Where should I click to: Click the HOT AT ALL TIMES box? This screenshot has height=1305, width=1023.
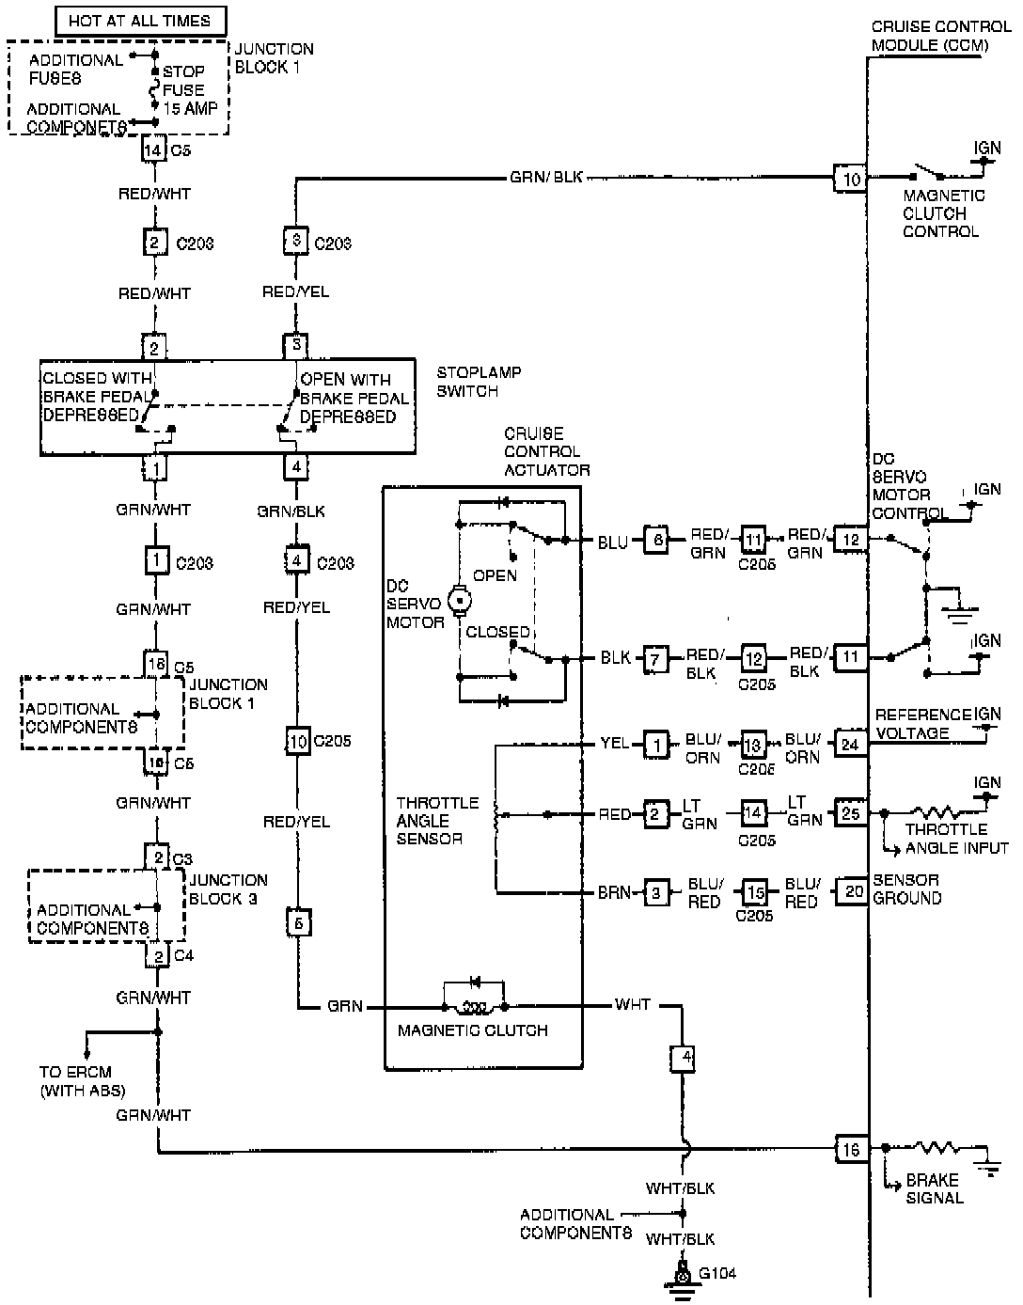[138, 20]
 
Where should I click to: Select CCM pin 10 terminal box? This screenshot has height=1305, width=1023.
[850, 179]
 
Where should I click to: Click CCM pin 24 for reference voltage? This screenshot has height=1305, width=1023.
[850, 744]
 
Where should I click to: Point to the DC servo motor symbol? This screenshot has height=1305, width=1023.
[460, 598]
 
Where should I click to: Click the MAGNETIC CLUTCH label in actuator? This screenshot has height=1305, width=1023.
[472, 1030]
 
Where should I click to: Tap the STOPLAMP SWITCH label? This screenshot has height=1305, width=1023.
[479, 382]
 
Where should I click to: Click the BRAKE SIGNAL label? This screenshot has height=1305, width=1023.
[934, 1188]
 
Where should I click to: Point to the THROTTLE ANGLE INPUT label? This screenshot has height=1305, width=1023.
[955, 839]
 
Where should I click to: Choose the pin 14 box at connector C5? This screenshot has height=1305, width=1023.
[153, 149]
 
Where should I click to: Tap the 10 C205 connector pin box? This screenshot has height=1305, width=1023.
[297, 741]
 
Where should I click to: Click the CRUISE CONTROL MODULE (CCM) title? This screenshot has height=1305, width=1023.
[939, 36]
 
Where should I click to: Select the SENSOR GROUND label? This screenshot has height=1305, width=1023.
[906, 889]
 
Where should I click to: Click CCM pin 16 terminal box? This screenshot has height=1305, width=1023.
[850, 1149]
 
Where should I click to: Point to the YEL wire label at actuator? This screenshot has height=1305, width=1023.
[615, 744]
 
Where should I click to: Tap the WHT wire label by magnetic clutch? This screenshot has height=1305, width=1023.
[632, 1005]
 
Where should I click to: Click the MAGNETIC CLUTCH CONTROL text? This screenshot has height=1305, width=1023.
[943, 213]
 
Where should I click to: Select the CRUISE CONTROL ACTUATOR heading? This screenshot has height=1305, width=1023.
[546, 451]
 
